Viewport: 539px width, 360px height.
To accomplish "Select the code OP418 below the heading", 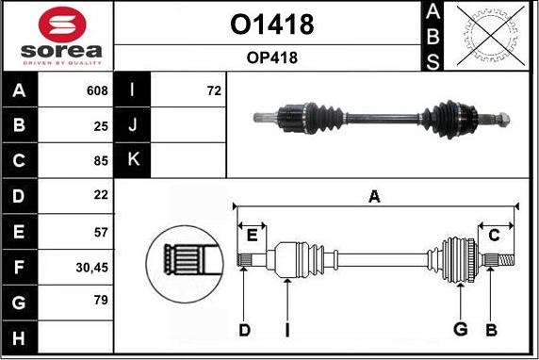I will tap(271, 58).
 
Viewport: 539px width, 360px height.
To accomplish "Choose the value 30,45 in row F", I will tap(92, 267).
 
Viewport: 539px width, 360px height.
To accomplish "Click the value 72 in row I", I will tap(213, 91).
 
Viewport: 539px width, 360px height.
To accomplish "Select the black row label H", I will tap(20, 337).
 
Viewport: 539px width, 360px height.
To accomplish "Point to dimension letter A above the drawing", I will tap(374, 196).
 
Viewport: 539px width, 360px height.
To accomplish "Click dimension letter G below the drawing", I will tap(461, 329).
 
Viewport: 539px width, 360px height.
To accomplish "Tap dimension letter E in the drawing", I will tap(252, 235).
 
